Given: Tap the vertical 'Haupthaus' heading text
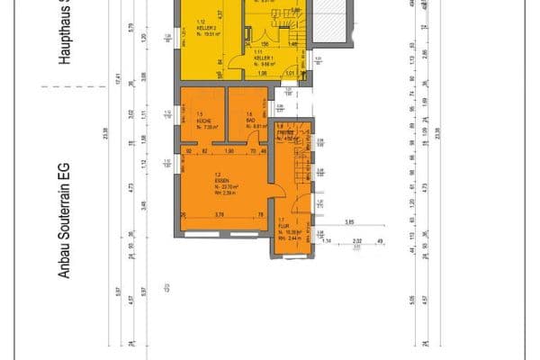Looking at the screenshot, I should [64, 36].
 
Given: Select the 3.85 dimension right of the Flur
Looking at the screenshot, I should [349, 222].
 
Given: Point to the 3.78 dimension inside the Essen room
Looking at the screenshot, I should [220, 214].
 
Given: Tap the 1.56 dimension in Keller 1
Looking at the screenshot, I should [265, 43].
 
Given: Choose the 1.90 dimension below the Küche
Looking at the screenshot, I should [229, 150].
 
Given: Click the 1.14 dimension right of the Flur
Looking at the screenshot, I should [328, 241].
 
